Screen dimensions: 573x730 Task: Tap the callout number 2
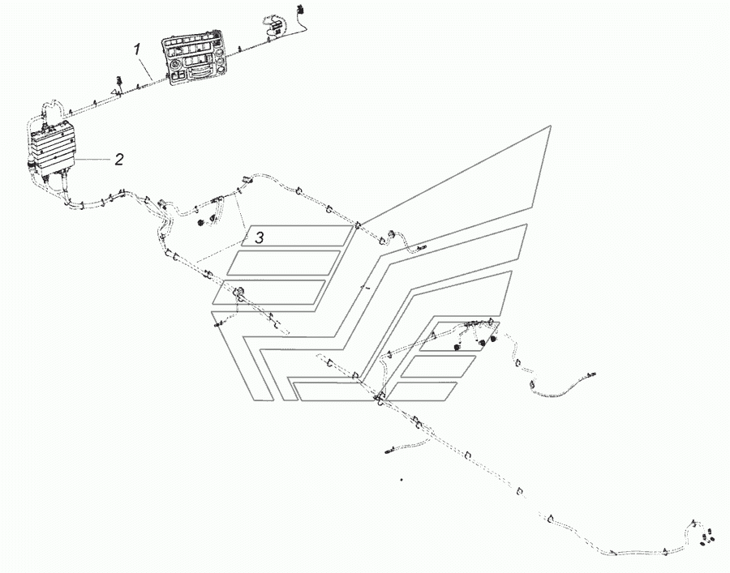coord(118,159)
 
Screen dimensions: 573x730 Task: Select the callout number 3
coord(259,237)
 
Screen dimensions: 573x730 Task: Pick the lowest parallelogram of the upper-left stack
coord(268,293)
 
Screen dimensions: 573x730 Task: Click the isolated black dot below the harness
coord(401,479)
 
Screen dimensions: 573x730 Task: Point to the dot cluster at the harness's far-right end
coord(707,535)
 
